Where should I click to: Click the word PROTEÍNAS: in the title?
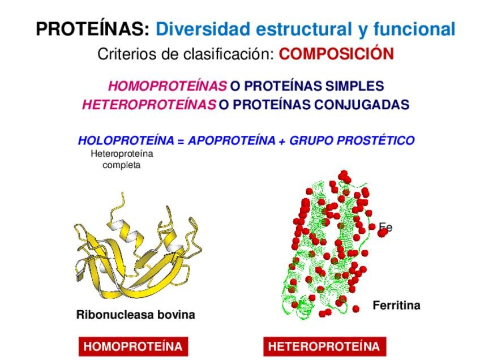point(93,29)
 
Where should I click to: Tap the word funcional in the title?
point(413,29)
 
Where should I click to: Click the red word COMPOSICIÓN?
point(336,54)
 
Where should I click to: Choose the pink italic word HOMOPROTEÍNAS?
point(168,87)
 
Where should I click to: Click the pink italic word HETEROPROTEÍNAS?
point(149,105)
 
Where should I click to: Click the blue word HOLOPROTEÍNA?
point(126,140)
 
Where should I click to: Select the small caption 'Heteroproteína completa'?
point(122,159)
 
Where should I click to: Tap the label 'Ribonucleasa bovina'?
point(135,315)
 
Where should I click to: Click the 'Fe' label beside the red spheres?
point(386,228)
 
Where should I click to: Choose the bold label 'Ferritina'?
point(396,306)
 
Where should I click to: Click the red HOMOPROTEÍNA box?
point(133,346)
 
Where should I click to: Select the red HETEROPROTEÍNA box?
point(324,346)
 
